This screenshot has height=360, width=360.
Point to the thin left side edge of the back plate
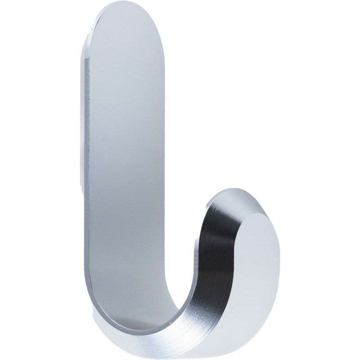(84, 135)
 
